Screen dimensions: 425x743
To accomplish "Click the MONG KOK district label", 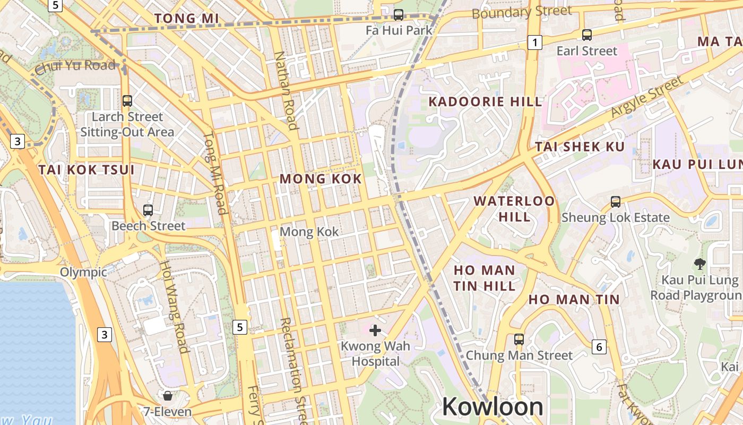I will coord(321,179).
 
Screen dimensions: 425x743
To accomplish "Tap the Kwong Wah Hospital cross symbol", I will coord(375,330).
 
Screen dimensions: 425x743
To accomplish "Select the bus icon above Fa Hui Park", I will coord(399,14).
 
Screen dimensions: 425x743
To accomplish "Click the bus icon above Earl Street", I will coord(586,35).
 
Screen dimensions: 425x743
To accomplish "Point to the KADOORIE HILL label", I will coord(485,101).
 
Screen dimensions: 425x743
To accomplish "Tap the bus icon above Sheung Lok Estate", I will coord(615,202).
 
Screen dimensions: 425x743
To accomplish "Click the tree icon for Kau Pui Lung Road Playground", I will coord(699,263).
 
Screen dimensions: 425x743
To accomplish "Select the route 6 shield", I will coord(599,347).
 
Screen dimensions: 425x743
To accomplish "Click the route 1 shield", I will coord(535,42).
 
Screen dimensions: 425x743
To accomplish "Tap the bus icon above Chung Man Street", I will coord(519,339).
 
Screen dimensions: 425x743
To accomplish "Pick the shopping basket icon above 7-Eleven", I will coord(168,396).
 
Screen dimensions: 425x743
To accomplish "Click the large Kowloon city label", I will coord(492,407).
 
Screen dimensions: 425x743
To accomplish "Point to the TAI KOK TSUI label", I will coord(87,170).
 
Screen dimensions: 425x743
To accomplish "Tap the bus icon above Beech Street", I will coord(148,210).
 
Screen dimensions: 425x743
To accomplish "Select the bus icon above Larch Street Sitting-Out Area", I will coord(127,101).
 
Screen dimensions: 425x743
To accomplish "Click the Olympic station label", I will coord(83,273).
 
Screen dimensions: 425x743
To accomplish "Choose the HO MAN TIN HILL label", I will coord(484,278).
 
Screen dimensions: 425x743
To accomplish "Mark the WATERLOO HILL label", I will coord(514,209).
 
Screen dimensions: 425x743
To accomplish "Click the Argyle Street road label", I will coord(646,97).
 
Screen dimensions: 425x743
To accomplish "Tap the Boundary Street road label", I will coord(522,12).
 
